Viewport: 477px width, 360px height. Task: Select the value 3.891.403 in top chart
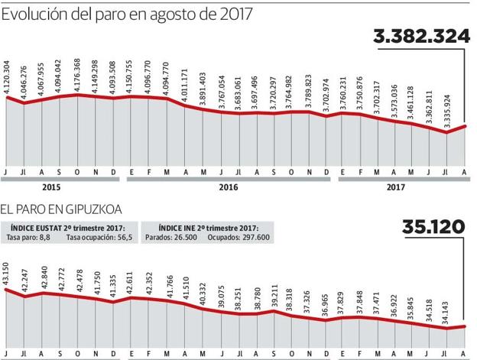(x=203, y=89)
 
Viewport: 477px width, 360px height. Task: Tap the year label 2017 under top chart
(x=396, y=186)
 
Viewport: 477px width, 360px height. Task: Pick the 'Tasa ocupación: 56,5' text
(x=99, y=238)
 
